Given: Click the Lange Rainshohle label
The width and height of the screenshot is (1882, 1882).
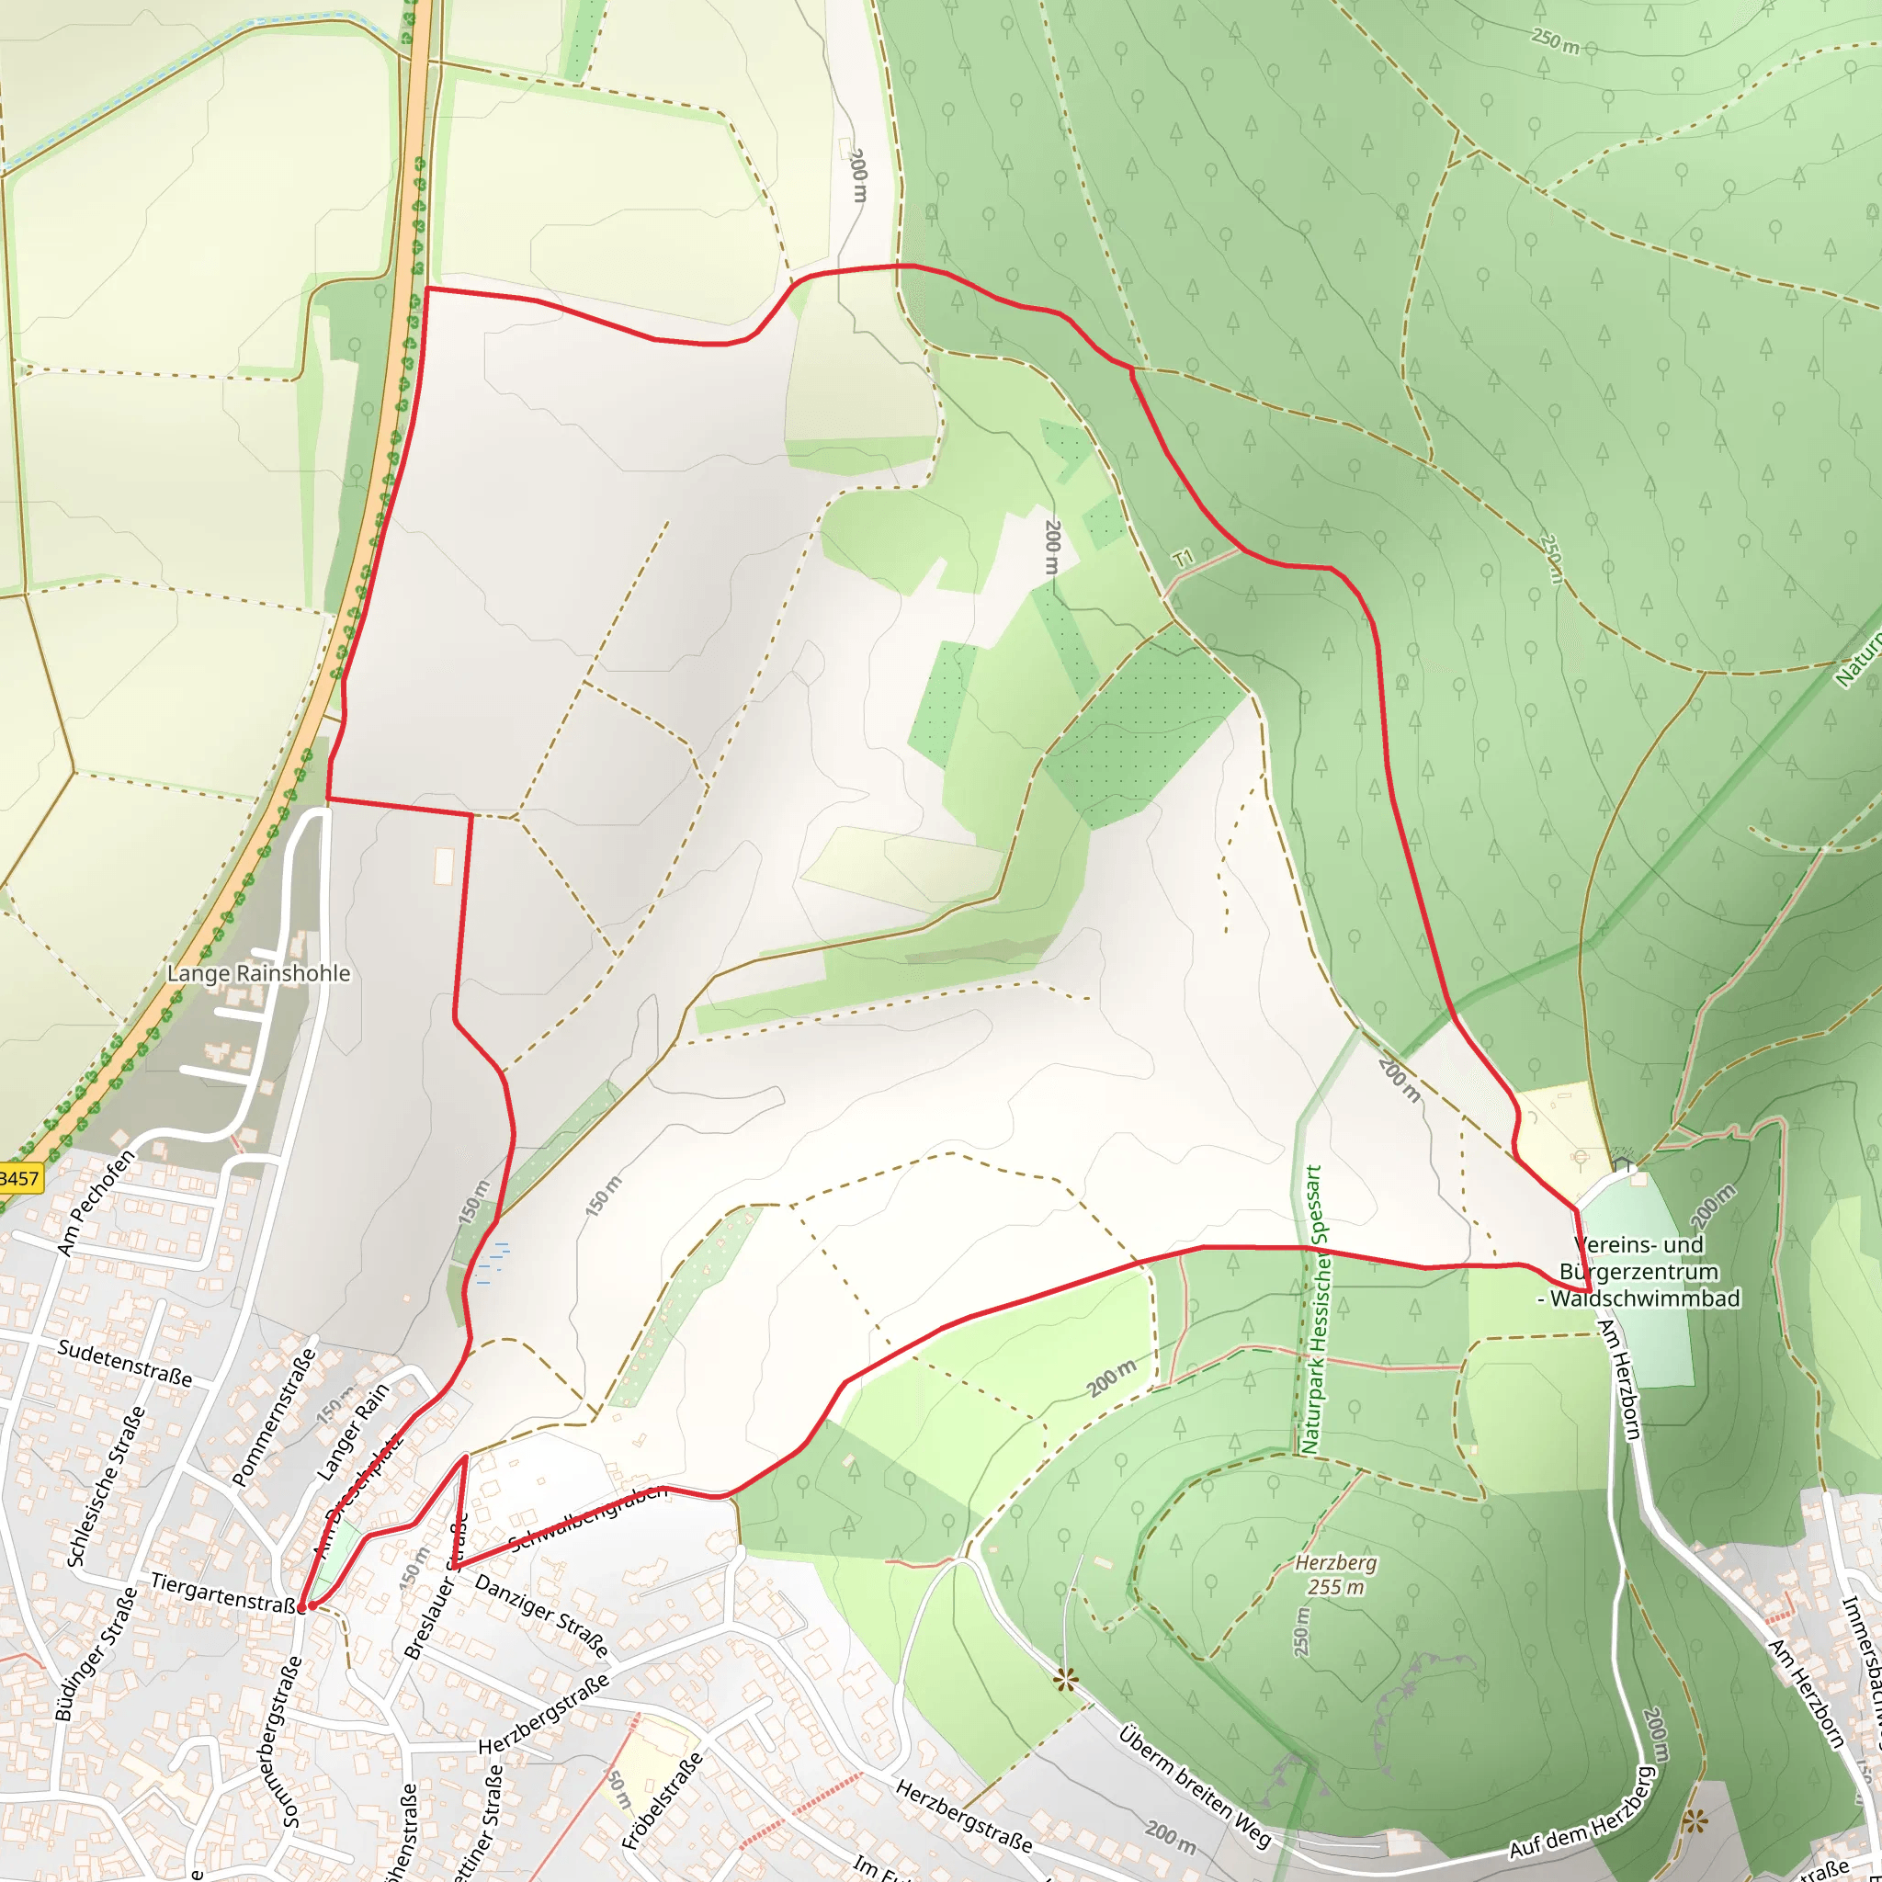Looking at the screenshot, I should (258, 973).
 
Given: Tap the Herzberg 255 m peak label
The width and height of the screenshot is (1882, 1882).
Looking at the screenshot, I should (1335, 1575).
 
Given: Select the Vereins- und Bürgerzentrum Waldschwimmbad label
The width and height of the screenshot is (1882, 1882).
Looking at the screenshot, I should (1639, 1271).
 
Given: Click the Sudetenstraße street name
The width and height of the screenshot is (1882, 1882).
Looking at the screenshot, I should (125, 1363).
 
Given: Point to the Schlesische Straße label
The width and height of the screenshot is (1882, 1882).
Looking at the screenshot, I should (107, 1487).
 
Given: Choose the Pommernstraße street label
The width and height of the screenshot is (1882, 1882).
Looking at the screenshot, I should (275, 1417).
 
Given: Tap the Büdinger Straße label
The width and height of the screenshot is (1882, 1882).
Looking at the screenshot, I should (96, 1655).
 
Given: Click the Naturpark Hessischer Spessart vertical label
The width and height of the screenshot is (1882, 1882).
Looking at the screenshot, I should (1313, 1310).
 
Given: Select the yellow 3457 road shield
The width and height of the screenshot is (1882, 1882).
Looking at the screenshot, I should (19, 1179).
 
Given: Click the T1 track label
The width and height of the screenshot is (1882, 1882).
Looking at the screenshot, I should (1183, 559).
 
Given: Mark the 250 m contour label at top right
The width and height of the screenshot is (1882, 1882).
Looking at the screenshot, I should (1555, 42).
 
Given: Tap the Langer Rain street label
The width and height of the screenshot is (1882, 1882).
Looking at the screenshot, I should (353, 1433).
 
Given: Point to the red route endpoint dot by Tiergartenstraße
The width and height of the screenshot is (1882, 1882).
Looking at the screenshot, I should (303, 1605).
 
